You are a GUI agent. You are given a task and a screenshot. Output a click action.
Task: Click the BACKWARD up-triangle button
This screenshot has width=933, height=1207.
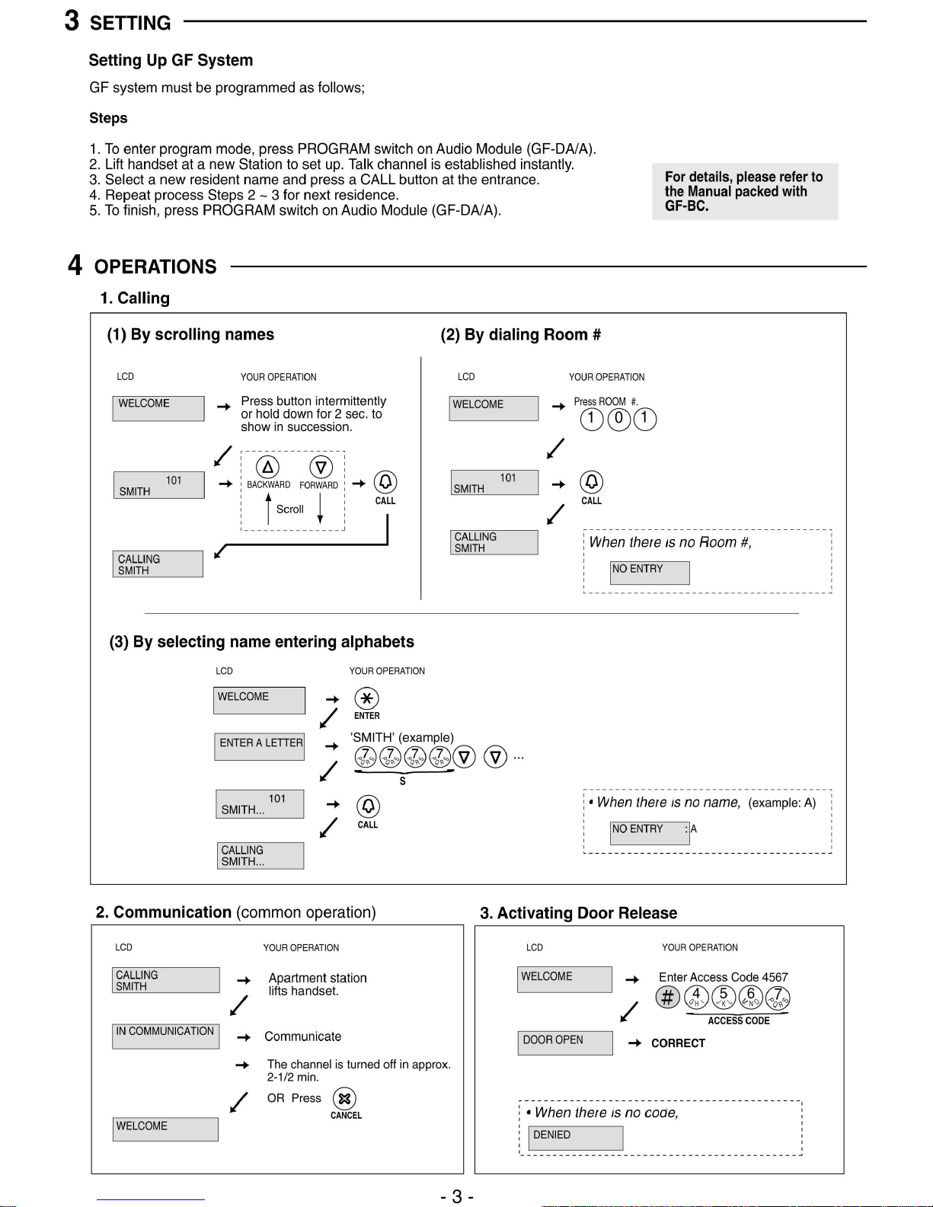(267, 467)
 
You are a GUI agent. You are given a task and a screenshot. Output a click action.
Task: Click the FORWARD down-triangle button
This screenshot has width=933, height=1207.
(321, 467)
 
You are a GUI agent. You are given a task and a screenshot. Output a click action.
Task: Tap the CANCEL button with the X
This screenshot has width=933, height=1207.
(345, 1098)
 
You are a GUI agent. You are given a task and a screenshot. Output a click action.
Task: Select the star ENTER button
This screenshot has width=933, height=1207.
(366, 698)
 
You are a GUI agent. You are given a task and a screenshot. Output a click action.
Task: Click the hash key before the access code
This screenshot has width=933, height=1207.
(667, 997)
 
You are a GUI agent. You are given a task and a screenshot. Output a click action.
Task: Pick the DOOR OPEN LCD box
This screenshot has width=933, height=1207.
(567, 1043)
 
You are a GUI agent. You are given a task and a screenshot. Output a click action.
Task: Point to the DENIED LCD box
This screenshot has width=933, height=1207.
(575, 1138)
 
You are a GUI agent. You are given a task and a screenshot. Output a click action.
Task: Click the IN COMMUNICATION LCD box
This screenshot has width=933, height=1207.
(165, 1036)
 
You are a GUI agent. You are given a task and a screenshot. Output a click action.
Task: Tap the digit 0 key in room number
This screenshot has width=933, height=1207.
(618, 419)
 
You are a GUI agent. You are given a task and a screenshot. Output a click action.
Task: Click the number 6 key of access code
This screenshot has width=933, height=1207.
(750, 997)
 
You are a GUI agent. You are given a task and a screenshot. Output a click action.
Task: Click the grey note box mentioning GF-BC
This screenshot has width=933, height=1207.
(744, 191)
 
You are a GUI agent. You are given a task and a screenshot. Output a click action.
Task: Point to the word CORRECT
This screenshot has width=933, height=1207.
(678, 1043)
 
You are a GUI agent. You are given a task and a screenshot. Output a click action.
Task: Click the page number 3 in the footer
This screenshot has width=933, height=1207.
(457, 1196)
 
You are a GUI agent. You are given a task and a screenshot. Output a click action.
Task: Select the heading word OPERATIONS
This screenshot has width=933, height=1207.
(155, 267)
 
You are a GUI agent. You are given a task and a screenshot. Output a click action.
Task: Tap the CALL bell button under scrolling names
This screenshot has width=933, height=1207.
(385, 482)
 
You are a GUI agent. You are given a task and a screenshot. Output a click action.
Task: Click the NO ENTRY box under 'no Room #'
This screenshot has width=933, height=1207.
(649, 572)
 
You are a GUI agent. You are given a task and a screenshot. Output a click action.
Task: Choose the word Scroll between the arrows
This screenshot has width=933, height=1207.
(289, 509)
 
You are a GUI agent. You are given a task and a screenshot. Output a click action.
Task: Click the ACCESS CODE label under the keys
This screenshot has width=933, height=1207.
(738, 1020)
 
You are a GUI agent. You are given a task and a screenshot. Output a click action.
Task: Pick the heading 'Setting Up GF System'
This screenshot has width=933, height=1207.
(171, 60)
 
